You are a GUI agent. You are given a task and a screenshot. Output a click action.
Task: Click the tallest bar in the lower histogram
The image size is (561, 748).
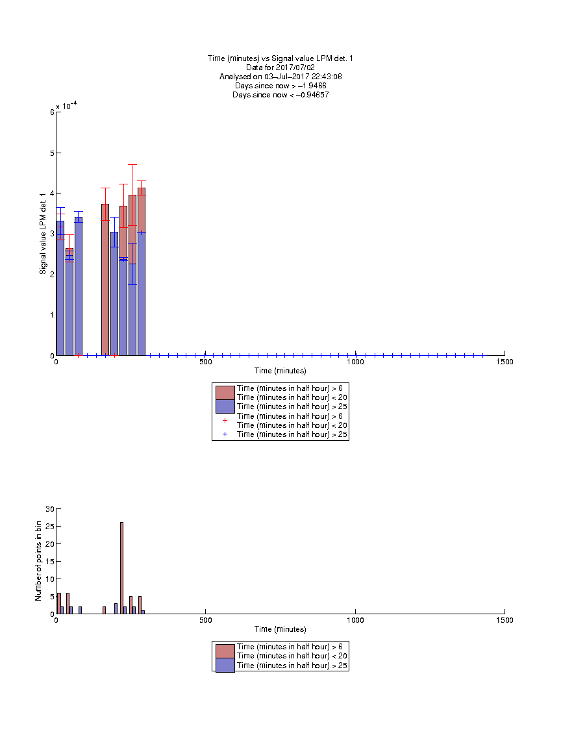[x=121, y=567]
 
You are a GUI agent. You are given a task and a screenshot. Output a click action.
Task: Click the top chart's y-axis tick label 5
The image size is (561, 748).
[x=53, y=153]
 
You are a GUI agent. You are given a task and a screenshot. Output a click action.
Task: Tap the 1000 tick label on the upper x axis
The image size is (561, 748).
[x=355, y=362]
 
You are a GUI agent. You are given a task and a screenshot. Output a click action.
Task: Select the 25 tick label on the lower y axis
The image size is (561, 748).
[x=50, y=526]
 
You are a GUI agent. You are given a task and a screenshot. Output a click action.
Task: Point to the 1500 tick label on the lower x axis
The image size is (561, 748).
[x=505, y=620]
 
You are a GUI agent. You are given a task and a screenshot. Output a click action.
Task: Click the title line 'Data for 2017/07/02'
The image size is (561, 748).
[x=280, y=68]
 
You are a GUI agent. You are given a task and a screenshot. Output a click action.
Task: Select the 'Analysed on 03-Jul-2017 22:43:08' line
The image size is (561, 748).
[x=280, y=77]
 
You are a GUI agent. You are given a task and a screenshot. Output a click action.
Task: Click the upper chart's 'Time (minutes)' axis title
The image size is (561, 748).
[x=280, y=371]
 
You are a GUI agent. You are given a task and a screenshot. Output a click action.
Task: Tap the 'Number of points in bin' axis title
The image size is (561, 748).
[x=38, y=561]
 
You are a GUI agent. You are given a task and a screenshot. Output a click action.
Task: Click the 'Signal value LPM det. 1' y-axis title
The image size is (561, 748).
[x=43, y=234]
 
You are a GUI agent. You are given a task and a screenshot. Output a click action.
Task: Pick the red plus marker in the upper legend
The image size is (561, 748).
[x=225, y=421]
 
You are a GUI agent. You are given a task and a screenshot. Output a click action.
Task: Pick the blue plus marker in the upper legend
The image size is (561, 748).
[x=225, y=434]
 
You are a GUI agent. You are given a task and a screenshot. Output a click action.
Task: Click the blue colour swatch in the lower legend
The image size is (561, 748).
[x=225, y=666]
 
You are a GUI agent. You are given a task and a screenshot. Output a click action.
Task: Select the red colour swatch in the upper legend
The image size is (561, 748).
[x=225, y=393]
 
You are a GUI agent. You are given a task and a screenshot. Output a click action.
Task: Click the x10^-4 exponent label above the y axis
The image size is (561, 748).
[x=66, y=106]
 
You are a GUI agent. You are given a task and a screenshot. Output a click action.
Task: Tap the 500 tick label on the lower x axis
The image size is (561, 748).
[x=206, y=620]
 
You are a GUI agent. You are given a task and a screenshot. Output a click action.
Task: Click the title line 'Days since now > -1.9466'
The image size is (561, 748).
[x=280, y=86]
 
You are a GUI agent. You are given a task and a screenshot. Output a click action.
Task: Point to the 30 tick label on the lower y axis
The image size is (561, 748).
[x=50, y=509]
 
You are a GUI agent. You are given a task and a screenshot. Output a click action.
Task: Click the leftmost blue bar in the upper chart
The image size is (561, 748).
[x=60, y=288]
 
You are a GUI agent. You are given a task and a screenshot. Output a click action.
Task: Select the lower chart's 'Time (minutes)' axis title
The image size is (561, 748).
[x=280, y=629]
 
